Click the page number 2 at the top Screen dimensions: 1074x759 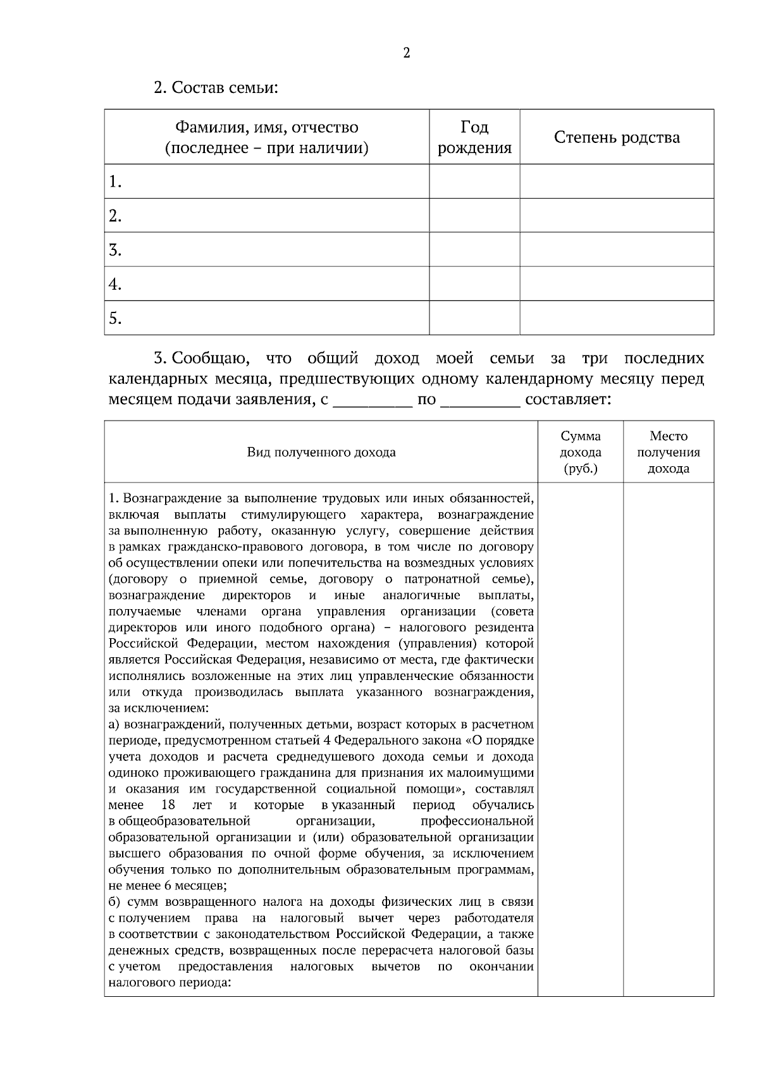pos(406,53)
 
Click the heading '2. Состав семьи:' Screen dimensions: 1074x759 pos(216,87)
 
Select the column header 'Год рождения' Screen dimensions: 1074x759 pos(474,137)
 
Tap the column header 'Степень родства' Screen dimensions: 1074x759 pos(617,137)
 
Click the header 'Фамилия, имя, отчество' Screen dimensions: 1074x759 pos(266,128)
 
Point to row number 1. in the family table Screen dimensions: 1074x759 pos(115,182)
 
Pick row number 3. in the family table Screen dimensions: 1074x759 pos(115,250)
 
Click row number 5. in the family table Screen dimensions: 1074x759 pos(115,318)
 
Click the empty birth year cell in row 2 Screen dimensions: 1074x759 pos(474,216)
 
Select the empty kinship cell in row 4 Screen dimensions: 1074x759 pos(617,284)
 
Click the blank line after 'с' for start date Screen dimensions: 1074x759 pos(373,400)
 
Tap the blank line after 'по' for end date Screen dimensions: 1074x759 pos(480,400)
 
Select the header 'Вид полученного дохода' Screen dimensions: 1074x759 pos(321,452)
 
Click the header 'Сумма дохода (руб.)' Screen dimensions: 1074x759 pos(581,452)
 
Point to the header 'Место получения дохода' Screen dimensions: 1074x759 pos(669,452)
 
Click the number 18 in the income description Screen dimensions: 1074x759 pos(168,805)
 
